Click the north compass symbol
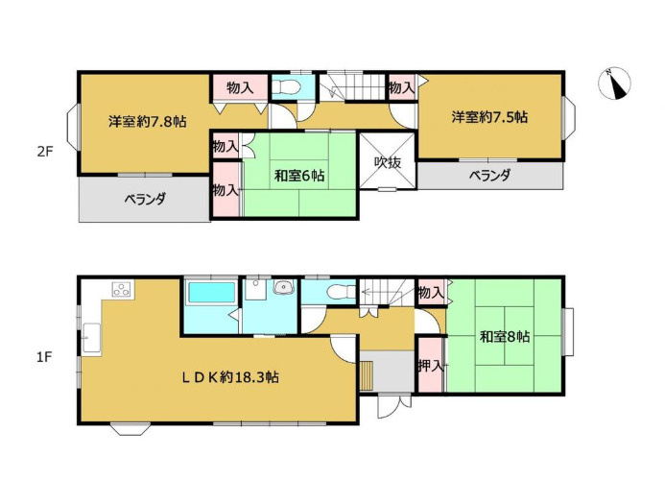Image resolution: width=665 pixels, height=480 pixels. click(x=614, y=84)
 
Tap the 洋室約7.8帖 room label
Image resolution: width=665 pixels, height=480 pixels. click(x=147, y=122)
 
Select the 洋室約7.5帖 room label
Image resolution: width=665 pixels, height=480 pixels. click(x=489, y=117)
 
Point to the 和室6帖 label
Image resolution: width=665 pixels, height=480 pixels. click(x=299, y=175)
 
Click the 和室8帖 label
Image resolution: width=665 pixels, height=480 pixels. click(x=505, y=337)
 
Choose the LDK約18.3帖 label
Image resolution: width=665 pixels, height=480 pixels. click(x=230, y=377)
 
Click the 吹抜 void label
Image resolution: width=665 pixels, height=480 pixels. click(x=388, y=161)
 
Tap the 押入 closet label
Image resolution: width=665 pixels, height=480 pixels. click(x=431, y=366)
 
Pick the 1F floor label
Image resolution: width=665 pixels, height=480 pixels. click(x=44, y=357)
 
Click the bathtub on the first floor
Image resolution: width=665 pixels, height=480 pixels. click(x=212, y=292)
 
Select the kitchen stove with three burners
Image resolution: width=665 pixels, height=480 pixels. click(x=122, y=289)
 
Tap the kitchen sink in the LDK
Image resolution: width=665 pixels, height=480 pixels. click(x=91, y=338)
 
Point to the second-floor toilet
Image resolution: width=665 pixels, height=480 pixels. click(x=287, y=87)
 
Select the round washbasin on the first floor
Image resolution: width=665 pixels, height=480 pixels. click(x=284, y=288)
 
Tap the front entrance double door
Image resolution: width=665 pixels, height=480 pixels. click(x=394, y=406)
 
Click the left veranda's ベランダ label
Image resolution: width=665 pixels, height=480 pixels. click(x=145, y=199)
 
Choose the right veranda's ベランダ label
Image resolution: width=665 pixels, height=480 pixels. click(x=489, y=175)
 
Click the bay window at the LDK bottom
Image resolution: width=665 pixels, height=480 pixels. click(x=131, y=429)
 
